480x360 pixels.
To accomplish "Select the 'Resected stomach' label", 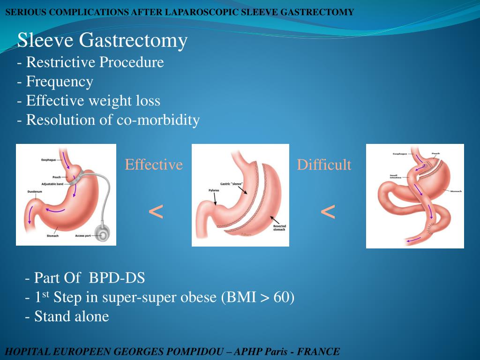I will tap(279, 228).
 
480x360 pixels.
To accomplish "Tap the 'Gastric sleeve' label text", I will tap(231, 184).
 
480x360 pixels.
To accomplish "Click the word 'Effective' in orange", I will tap(153, 165).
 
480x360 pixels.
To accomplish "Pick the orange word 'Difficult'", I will tap(323, 165).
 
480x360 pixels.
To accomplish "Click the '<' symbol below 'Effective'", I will tap(156, 212).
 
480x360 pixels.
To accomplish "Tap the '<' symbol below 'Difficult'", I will tap(328, 212).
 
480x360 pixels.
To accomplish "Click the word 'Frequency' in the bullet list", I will tap(60, 82).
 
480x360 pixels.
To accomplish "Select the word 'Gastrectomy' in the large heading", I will tap(133, 41).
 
